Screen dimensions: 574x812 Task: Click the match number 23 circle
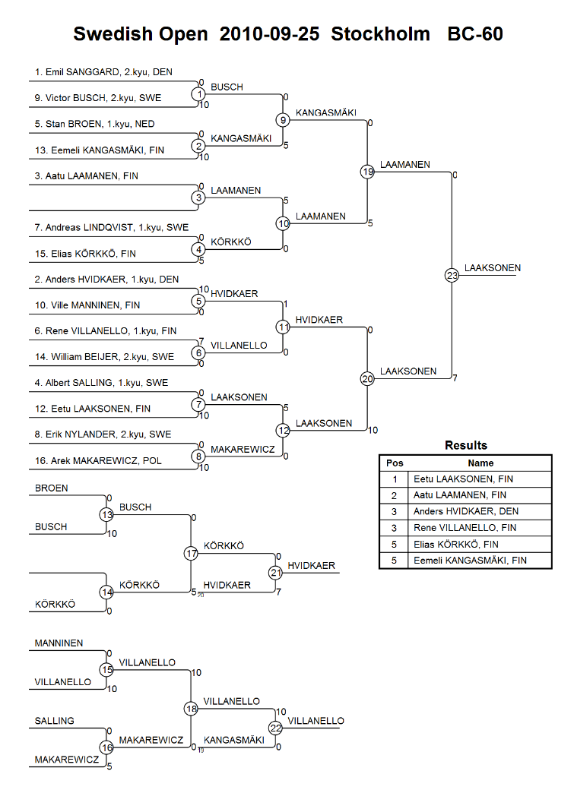point(452,275)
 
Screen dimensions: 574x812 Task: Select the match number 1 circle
point(198,94)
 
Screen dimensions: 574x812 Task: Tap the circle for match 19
point(367,172)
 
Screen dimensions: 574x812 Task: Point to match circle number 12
point(283,431)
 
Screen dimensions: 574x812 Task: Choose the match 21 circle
point(275,573)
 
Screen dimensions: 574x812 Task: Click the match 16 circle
point(106,747)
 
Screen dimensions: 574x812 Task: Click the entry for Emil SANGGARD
point(103,72)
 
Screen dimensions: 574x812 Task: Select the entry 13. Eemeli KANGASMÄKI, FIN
point(100,150)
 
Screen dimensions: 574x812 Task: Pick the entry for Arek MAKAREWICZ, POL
point(98,460)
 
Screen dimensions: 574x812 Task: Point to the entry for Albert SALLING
point(102,383)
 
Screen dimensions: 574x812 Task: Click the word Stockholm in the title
point(381,33)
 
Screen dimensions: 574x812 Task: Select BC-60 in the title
point(475,33)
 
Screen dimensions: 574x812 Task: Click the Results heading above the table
point(465,445)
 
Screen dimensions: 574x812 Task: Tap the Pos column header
point(395,463)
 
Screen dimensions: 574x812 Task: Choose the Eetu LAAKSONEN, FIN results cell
point(463,479)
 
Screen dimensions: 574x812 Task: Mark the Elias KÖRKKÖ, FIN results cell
point(455,545)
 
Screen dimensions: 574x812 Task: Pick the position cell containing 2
point(394,495)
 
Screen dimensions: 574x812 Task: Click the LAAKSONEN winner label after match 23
point(492,267)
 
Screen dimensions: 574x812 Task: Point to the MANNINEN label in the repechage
point(59,643)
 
